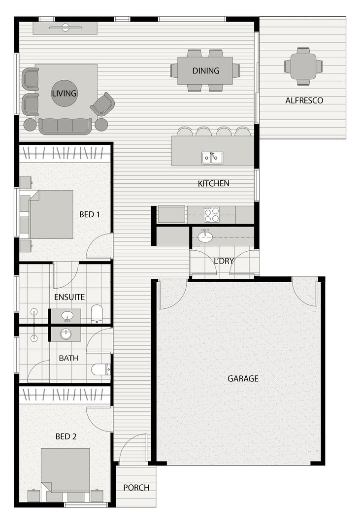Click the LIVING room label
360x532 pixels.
point(64,93)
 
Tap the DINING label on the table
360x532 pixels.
point(206,70)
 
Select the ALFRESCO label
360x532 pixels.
point(304,100)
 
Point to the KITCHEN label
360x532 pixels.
point(213,183)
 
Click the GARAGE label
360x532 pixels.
point(243,378)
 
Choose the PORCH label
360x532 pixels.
point(136,488)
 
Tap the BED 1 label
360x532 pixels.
point(90,214)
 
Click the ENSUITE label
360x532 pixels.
point(69,297)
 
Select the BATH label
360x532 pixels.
point(68,358)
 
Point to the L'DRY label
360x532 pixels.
point(224,261)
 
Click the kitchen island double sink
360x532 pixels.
point(212,158)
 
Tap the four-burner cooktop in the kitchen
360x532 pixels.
point(212,215)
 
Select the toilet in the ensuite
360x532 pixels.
point(97,314)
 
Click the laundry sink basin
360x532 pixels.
point(205,237)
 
